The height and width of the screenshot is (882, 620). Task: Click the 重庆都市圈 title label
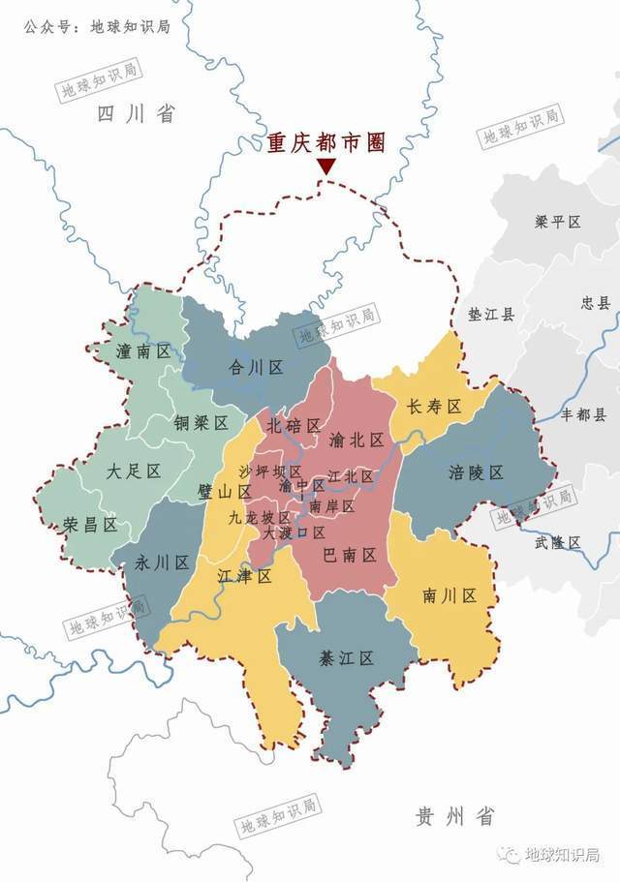click(x=326, y=143)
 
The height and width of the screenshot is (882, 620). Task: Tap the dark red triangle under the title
click(x=326, y=167)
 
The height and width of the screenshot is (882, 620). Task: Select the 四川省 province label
click(x=136, y=114)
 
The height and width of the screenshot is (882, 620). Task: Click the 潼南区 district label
click(x=143, y=351)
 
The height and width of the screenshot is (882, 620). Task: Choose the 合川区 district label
click(x=255, y=367)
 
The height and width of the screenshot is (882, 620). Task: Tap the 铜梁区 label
click(x=201, y=423)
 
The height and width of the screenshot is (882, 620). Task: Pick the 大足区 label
click(x=133, y=471)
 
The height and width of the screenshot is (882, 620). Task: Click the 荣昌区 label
click(x=90, y=524)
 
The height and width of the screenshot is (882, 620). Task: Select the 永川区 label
click(x=162, y=563)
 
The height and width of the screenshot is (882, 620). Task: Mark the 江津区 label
click(x=243, y=576)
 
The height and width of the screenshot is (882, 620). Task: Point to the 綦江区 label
click(x=346, y=658)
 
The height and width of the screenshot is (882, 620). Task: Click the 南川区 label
click(x=449, y=595)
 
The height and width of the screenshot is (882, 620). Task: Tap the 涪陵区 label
click(x=476, y=472)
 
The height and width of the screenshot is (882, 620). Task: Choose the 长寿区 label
click(x=433, y=406)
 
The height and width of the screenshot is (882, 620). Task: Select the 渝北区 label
click(x=356, y=440)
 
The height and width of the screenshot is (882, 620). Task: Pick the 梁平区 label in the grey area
click(x=557, y=222)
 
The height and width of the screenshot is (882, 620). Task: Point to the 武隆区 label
click(x=557, y=542)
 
